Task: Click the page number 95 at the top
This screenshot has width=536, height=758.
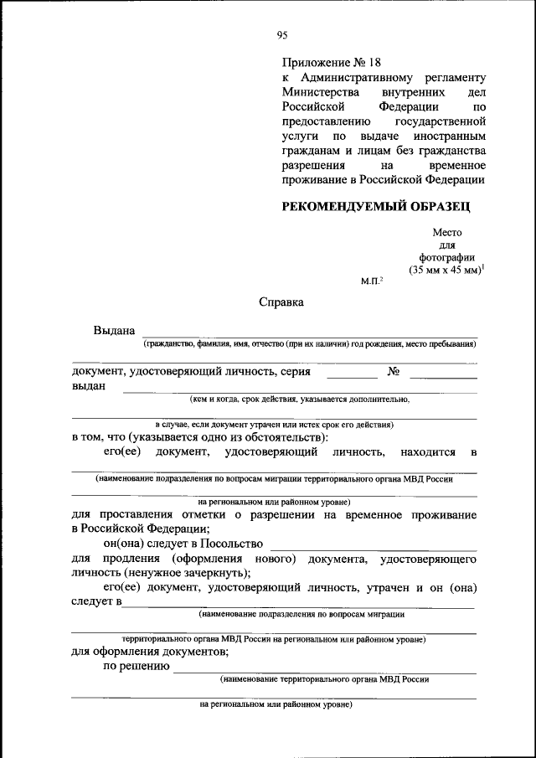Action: pyautogui.click(x=282, y=34)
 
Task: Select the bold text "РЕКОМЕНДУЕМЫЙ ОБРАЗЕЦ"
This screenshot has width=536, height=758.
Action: pyautogui.click(x=376, y=206)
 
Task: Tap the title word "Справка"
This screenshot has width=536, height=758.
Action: pyautogui.click(x=281, y=302)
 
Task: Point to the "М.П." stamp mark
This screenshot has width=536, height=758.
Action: pyautogui.click(x=370, y=281)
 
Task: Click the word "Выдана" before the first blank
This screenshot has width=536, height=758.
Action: pyautogui.click(x=114, y=331)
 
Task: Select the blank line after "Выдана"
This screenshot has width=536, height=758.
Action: pyautogui.click(x=310, y=336)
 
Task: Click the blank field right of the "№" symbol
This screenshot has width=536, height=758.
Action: pyautogui.click(x=443, y=377)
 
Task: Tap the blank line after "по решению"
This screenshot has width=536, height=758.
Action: pyautogui.click(x=324, y=672)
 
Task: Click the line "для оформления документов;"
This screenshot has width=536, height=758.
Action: pyautogui.click(x=151, y=652)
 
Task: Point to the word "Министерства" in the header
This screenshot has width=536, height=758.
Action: pyautogui.click(x=321, y=91)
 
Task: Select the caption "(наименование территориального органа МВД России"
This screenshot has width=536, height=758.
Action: pyautogui.click(x=324, y=680)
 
